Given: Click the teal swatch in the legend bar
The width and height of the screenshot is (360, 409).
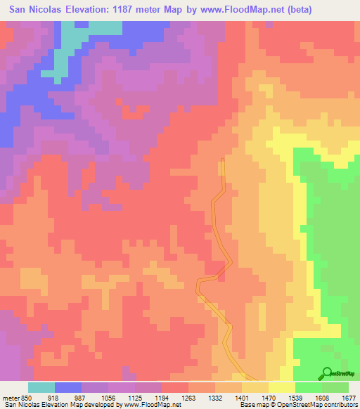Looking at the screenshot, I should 41,387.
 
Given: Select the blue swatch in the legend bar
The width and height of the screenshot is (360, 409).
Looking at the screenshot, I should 68,387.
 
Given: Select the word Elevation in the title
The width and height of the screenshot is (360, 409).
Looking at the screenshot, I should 79,9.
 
